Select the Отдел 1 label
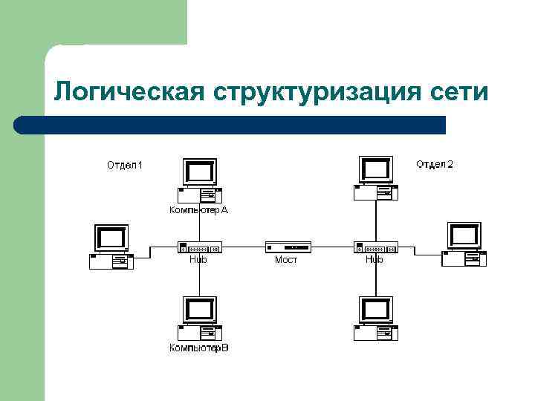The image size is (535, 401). [125, 164]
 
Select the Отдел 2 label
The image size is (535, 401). [434, 163]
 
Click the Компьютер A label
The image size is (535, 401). [198, 210]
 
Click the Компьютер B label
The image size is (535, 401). [198, 348]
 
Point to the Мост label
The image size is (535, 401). [286, 260]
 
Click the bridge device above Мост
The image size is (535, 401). [288, 247]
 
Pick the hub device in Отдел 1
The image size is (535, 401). [199, 247]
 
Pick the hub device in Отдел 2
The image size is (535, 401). [375, 247]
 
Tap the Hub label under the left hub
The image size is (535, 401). [198, 260]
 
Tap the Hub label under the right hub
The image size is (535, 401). [374, 260]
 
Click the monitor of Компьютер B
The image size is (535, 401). [199, 310]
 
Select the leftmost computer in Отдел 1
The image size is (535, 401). [111, 247]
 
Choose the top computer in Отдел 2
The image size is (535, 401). [374, 178]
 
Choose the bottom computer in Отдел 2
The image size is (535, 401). [374, 318]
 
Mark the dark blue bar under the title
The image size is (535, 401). [230, 125]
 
